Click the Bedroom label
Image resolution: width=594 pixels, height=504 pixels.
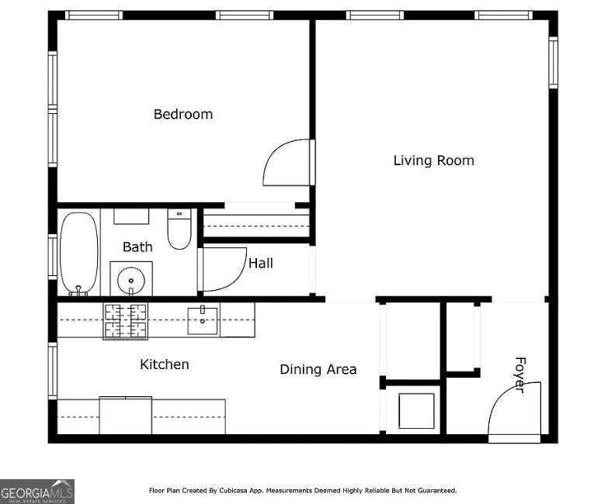pos(182,114)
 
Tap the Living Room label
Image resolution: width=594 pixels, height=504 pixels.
pos(433,161)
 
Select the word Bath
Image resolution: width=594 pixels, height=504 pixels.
pos(137,247)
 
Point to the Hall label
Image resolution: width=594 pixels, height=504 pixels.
pos(260,264)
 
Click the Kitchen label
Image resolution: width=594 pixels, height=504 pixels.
pos(164,364)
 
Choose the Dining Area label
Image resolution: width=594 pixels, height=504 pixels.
pos(318,369)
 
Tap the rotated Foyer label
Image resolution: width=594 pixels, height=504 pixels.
pos(519,375)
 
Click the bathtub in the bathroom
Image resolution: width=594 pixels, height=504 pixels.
pos(79,253)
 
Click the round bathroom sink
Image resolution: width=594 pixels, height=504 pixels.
pos(131,278)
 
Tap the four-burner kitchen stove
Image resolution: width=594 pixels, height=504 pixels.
pos(125,320)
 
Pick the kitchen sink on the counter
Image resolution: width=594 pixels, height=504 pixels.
pos(203,319)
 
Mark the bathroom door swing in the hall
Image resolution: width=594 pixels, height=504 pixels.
pos(223,269)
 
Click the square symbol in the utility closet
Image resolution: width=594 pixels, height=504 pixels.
pos(415,410)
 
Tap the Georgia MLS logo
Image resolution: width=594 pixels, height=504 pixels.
pos(37,491)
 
